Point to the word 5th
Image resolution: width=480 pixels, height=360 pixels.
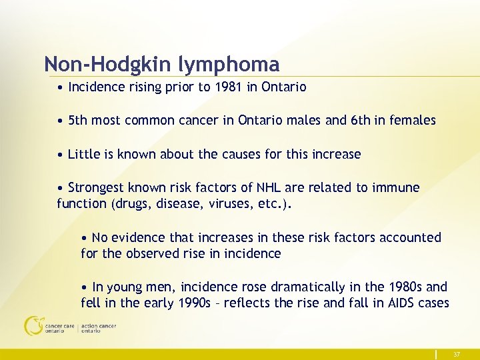(x=78, y=121)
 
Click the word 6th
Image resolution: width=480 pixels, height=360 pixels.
(x=365, y=121)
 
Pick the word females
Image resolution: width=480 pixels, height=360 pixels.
(x=413, y=121)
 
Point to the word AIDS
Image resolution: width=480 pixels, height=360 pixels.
(x=397, y=303)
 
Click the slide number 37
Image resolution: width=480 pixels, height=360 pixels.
(x=457, y=354)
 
